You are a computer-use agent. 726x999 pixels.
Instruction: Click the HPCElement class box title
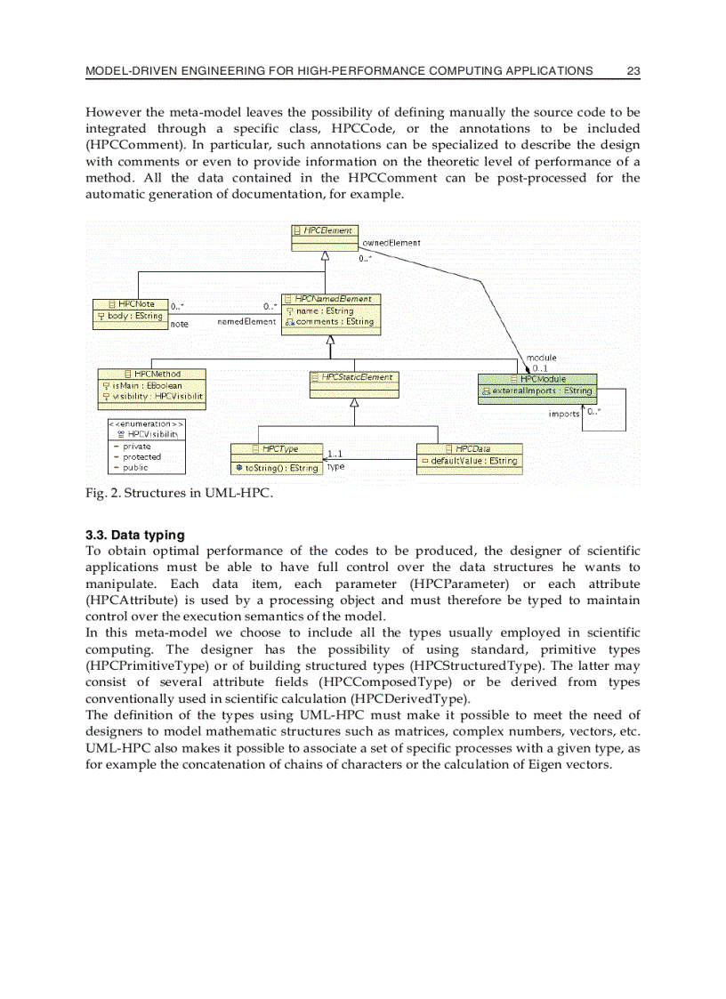coord(327,230)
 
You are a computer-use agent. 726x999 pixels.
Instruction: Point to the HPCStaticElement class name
coord(356,377)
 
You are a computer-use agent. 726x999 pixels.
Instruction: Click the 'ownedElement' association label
coord(391,242)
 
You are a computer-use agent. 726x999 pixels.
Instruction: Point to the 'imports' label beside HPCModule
coord(564,414)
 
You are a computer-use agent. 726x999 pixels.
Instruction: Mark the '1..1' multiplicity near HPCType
coord(335,455)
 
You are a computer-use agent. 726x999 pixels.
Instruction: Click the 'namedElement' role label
coord(246,321)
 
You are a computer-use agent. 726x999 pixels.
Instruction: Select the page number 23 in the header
coord(633,70)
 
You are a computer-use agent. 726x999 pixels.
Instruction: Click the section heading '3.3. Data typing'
coord(135,536)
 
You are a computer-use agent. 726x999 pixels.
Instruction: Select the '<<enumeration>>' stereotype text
coord(145,424)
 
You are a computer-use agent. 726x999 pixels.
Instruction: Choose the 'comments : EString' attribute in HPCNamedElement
coord(335,322)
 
